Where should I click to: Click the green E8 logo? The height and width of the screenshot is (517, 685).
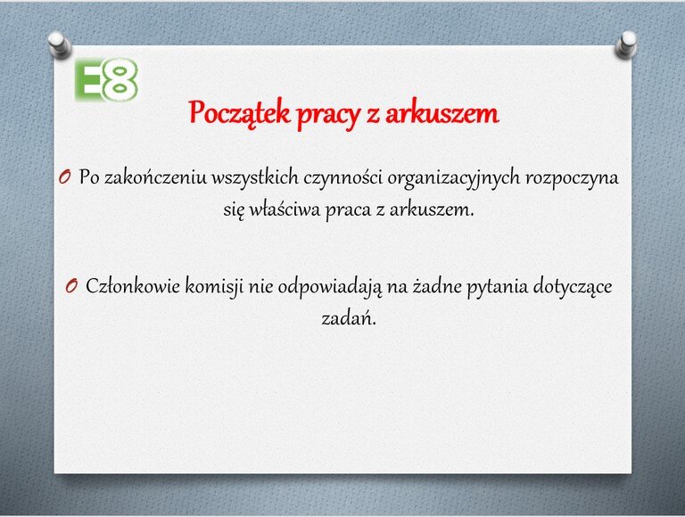coord(107,80)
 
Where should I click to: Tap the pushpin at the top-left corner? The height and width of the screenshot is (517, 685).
coord(60,45)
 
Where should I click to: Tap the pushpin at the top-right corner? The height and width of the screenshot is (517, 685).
coord(626,45)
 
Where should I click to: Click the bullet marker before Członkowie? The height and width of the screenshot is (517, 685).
coord(71,286)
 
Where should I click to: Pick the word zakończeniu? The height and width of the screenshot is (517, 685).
coord(155,177)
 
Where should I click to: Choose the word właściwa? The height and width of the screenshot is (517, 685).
coord(285,209)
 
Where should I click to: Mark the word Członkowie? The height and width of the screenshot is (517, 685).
coord(133,286)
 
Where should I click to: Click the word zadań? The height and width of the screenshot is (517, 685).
coord(349,318)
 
